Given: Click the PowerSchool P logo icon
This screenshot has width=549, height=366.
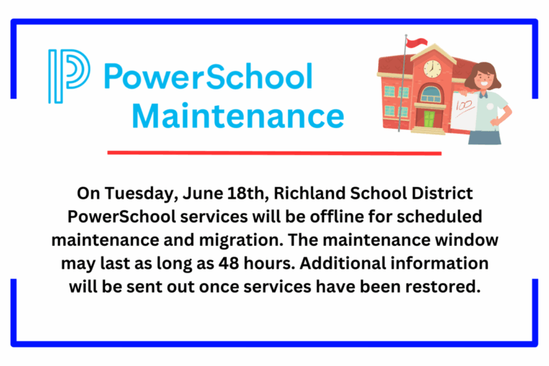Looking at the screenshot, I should [69, 76].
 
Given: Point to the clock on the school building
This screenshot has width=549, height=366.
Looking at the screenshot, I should [432, 69].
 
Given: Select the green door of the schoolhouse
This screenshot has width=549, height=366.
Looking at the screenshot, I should [430, 119].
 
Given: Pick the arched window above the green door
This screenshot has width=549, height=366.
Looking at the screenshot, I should [430, 94].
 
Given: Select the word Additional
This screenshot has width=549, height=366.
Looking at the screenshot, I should [350, 262].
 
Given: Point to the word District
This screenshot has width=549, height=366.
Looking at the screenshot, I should [441, 194].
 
